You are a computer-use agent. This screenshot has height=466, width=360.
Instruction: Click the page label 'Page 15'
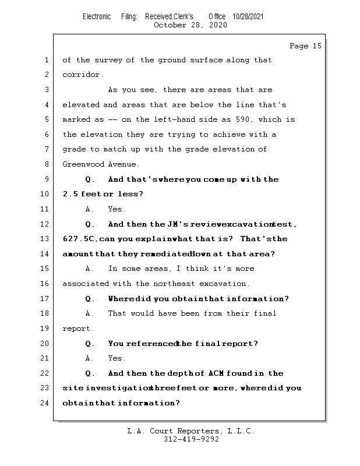305,46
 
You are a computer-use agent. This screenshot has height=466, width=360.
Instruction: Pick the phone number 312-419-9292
191,440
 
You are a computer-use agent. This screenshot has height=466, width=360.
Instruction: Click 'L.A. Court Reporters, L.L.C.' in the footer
190,432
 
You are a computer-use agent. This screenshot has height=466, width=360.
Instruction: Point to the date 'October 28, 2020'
190,25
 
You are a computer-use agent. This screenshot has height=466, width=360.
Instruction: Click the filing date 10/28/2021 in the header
248,17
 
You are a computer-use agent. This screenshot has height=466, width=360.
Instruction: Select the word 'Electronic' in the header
97,17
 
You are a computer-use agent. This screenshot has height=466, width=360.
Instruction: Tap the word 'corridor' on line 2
82,75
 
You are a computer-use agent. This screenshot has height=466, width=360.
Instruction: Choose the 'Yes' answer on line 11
117,210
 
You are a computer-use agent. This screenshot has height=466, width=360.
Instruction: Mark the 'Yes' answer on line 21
117,359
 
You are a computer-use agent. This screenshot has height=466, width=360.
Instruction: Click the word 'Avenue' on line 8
123,165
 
